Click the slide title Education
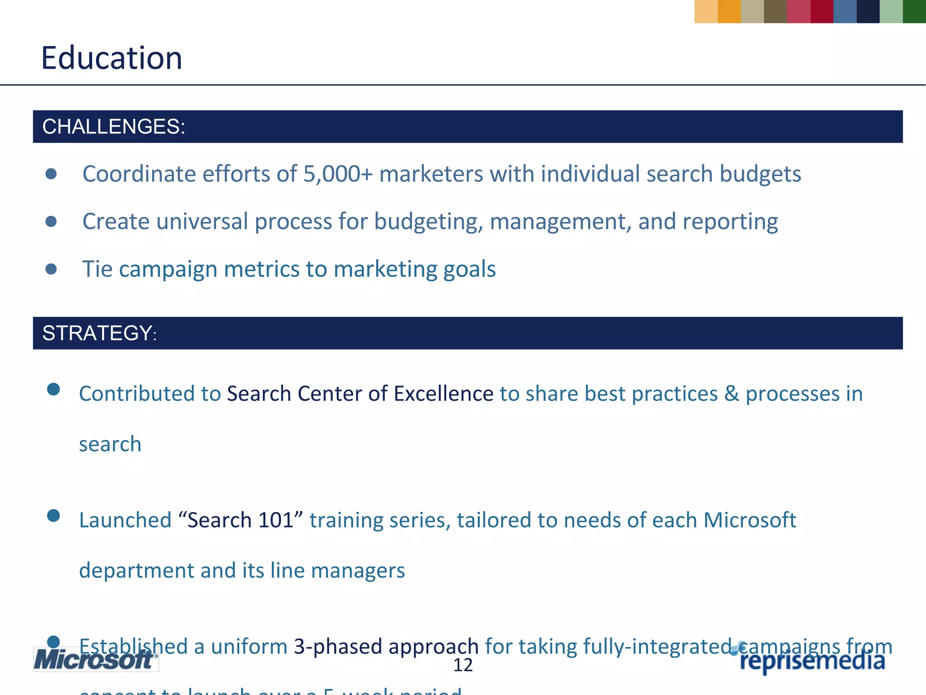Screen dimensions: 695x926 112,58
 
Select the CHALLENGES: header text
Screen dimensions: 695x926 113,127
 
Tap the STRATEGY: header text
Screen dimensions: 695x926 99,333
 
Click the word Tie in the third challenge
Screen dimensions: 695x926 97,269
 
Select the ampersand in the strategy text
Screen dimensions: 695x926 731,394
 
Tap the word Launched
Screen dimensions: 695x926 125,520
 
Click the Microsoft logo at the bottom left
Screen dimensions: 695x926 95,659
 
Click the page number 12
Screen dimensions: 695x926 463,665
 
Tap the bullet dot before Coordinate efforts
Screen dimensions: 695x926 51,174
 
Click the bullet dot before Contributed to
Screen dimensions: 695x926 53,389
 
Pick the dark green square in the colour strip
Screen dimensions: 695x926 914,11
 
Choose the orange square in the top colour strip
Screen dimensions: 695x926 729,11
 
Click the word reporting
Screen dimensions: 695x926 730,222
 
